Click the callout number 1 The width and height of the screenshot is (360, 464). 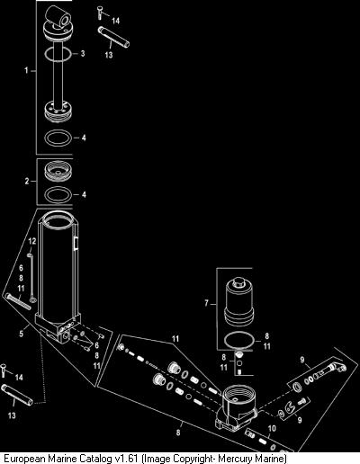pyautogui.click(x=26, y=71)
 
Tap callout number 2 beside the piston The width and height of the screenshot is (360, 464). pyautogui.click(x=27, y=182)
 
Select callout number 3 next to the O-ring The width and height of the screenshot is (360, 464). pyautogui.click(x=83, y=54)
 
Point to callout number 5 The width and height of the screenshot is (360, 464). pyautogui.click(x=22, y=334)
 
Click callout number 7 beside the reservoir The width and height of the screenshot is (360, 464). pyautogui.click(x=206, y=303)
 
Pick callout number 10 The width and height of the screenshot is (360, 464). pyautogui.click(x=272, y=429)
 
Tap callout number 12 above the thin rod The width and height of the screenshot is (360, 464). pyautogui.click(x=32, y=241)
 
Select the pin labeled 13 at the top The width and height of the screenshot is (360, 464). pyautogui.click(x=113, y=37)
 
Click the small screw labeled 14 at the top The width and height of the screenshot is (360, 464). pyautogui.click(x=99, y=13)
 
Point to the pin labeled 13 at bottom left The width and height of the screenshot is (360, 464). pyautogui.click(x=17, y=395)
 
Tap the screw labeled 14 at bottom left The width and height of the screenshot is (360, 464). pyautogui.click(x=4, y=370)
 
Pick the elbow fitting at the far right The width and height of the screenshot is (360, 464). pyautogui.click(x=337, y=367)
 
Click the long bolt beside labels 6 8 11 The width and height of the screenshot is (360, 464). pyautogui.click(x=18, y=301)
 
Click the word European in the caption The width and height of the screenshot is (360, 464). pyautogui.click(x=23, y=459)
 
